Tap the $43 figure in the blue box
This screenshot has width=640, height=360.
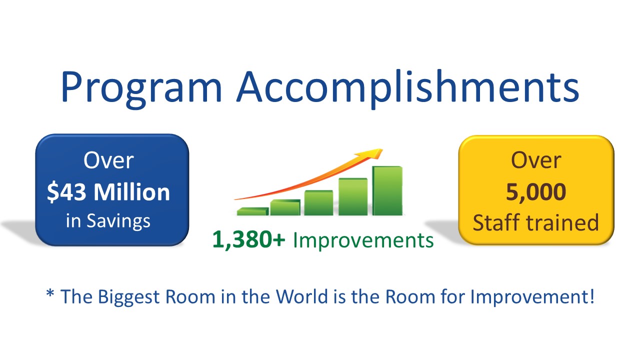tap(67, 192)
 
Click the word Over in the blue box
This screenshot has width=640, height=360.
tap(108, 160)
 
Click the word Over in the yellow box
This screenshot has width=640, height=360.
tap(535, 160)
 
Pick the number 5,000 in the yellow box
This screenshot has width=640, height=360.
tap(535, 191)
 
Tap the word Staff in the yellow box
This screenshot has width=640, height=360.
tap(496, 222)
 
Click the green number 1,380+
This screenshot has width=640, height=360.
tap(249, 240)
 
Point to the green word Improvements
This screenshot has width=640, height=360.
tap(363, 240)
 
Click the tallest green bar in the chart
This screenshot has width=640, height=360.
tap(387, 190)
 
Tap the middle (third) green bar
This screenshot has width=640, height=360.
tap(318, 203)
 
